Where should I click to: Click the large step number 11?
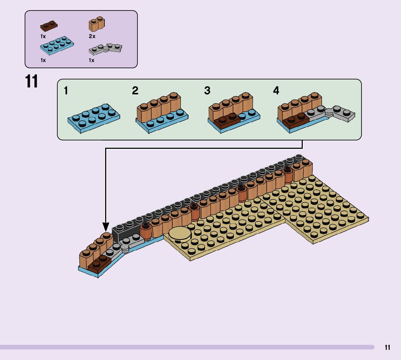pyautogui.click(x=32, y=82)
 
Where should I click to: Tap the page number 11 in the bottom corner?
pyautogui.click(x=388, y=348)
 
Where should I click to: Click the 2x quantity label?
pyautogui.click(x=92, y=36)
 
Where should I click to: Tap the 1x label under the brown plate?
pyautogui.click(x=43, y=36)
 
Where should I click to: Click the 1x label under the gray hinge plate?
pyautogui.click(x=92, y=60)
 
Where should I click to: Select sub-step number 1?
pyautogui.click(x=66, y=90)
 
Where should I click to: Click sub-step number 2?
pyautogui.click(x=135, y=91)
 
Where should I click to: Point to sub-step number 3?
pyautogui.click(x=207, y=91)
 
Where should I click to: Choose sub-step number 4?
pyautogui.click(x=276, y=91)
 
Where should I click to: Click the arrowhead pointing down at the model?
pyautogui.click(x=106, y=228)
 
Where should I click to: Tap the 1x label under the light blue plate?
pyautogui.click(x=43, y=60)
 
